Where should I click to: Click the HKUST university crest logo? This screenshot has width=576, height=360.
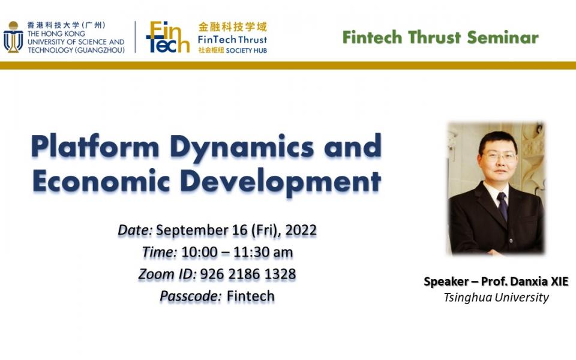coord(13,37)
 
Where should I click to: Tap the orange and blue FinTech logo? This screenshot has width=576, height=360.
coord(167,38)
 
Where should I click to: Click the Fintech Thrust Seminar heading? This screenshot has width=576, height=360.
coord(440,37)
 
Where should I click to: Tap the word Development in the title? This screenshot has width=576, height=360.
coord(281,181)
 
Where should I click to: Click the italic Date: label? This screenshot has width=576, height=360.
coord(135,230)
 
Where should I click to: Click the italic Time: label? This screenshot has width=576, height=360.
coord(159,253)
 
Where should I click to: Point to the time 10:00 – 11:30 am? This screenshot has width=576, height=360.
coord(236,253)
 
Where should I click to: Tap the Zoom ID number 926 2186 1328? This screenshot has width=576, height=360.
coord(248,274)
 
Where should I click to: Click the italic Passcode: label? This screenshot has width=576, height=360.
coord(190,296)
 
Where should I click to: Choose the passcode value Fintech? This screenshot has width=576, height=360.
coord(251,296)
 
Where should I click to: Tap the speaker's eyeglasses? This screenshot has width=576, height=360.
coord(499,156)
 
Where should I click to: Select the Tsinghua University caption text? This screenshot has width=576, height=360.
coord(496,297)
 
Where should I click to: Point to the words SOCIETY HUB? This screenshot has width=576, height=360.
coord(247,50)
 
